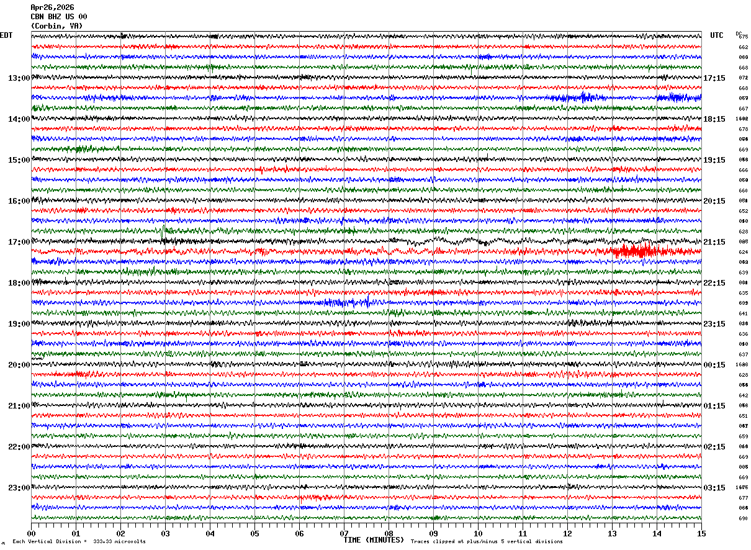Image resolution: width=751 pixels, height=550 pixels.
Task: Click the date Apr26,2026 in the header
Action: pos(52,7)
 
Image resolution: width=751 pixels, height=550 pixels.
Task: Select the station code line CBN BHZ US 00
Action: pos(59,17)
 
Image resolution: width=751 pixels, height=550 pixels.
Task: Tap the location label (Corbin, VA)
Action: pos(56,26)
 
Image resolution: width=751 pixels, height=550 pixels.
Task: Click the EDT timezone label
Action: pos(6,35)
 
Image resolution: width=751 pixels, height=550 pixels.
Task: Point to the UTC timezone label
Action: pos(717,35)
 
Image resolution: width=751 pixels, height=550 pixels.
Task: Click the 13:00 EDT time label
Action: pos(19,78)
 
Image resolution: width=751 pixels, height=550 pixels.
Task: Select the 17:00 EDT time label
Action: pos(19,242)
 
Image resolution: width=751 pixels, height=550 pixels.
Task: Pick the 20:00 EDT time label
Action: pos(19,365)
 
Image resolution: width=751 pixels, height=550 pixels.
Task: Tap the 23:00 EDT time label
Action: pos(19,488)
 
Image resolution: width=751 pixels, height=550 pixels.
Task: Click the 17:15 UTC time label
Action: pos(714,78)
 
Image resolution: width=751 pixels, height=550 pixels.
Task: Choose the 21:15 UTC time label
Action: pos(714,242)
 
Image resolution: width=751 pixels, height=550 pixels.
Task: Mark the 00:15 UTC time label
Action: pos(714,365)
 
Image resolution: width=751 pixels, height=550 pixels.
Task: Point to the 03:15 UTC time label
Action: pos(714,488)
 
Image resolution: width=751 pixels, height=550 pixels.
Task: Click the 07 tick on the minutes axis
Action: pos(344,533)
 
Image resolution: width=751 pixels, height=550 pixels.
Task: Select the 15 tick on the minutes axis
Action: pos(701,533)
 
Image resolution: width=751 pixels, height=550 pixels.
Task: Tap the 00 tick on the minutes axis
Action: pos(31,533)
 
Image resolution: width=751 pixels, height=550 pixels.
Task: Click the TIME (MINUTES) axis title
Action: pos(374,540)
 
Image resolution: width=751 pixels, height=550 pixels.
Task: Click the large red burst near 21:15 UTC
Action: pos(636,251)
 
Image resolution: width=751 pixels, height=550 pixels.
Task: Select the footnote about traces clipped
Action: pos(487,542)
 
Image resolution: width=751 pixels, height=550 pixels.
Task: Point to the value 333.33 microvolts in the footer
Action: pos(120,542)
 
